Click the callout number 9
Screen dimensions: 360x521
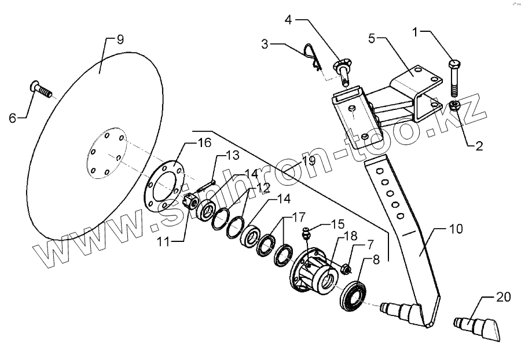click(x=120, y=40)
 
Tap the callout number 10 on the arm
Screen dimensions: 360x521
click(x=457, y=230)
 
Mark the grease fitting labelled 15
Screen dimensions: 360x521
click(x=308, y=234)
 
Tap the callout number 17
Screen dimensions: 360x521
click(x=298, y=218)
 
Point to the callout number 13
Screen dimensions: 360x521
click(x=232, y=155)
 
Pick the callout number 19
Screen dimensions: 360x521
click(x=308, y=161)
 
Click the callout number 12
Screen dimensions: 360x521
click(x=263, y=188)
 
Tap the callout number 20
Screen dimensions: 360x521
click(x=504, y=297)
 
